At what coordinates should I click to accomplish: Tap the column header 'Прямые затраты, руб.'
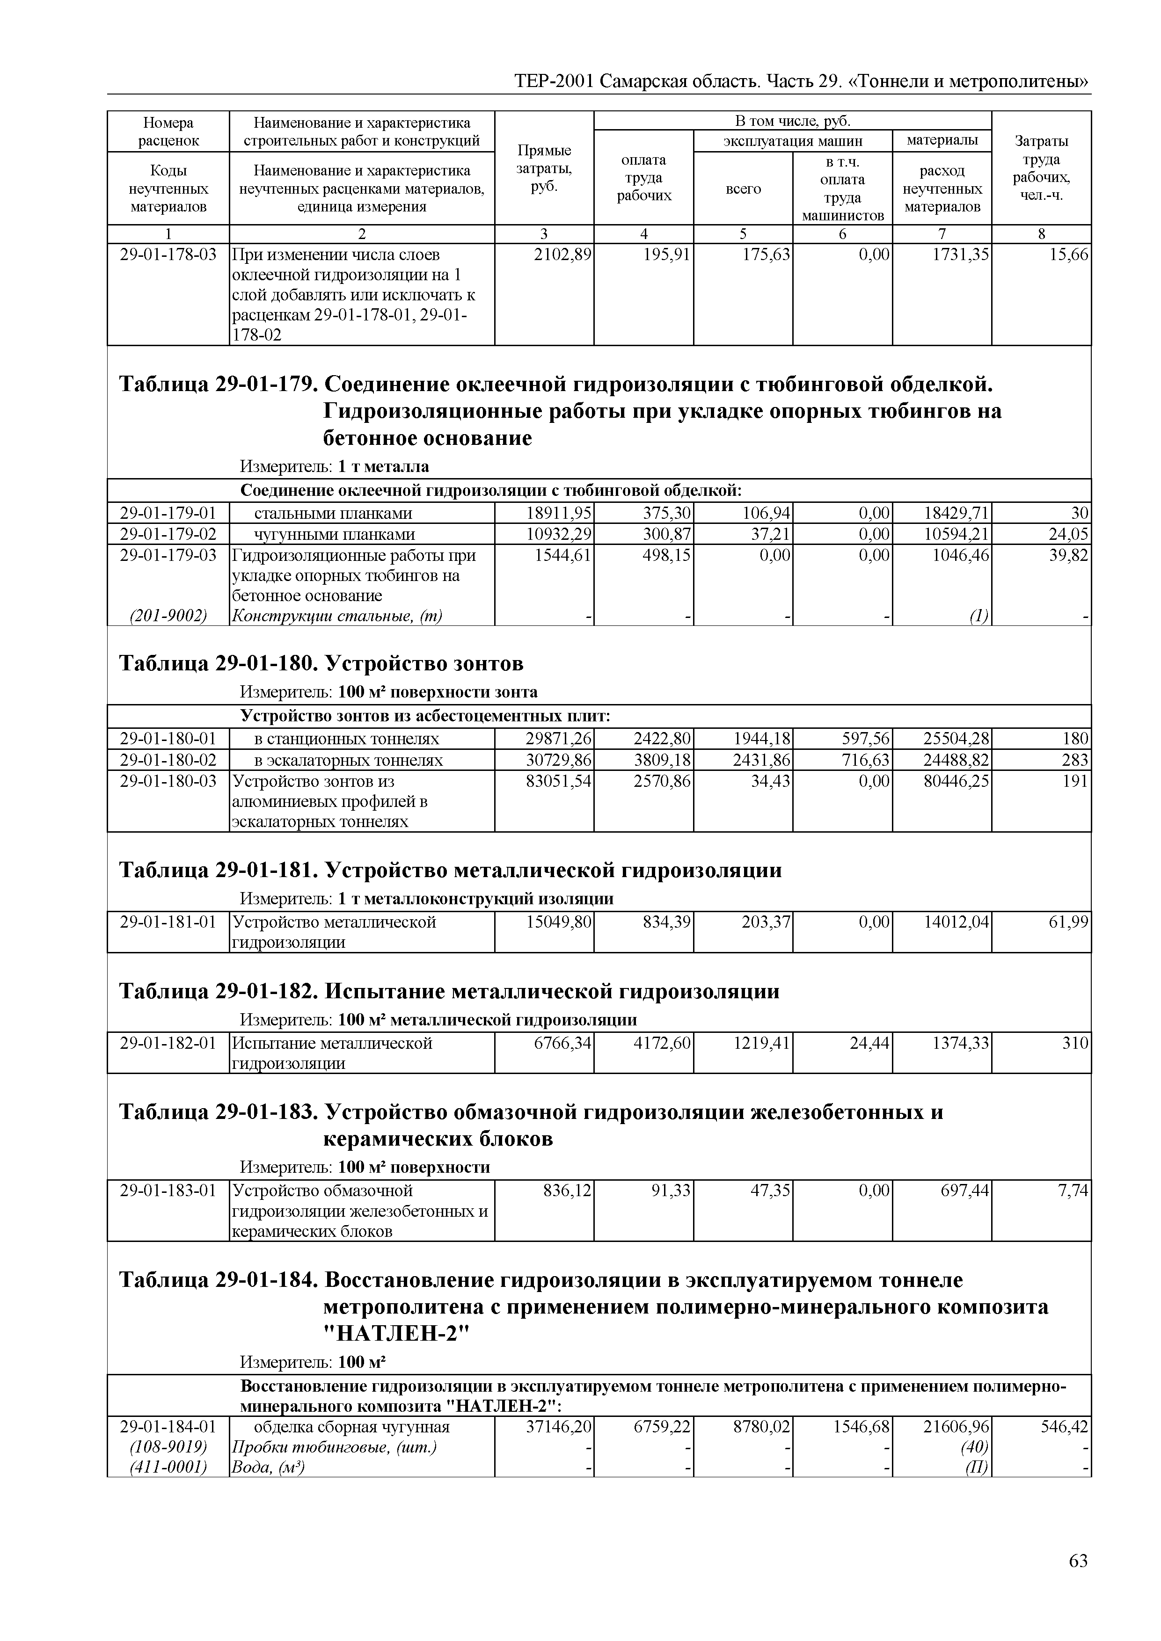coord(544,168)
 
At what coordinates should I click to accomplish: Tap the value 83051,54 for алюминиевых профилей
coord(558,781)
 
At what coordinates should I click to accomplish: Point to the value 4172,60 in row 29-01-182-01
coord(662,1043)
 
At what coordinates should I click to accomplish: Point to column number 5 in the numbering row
coord(743,234)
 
